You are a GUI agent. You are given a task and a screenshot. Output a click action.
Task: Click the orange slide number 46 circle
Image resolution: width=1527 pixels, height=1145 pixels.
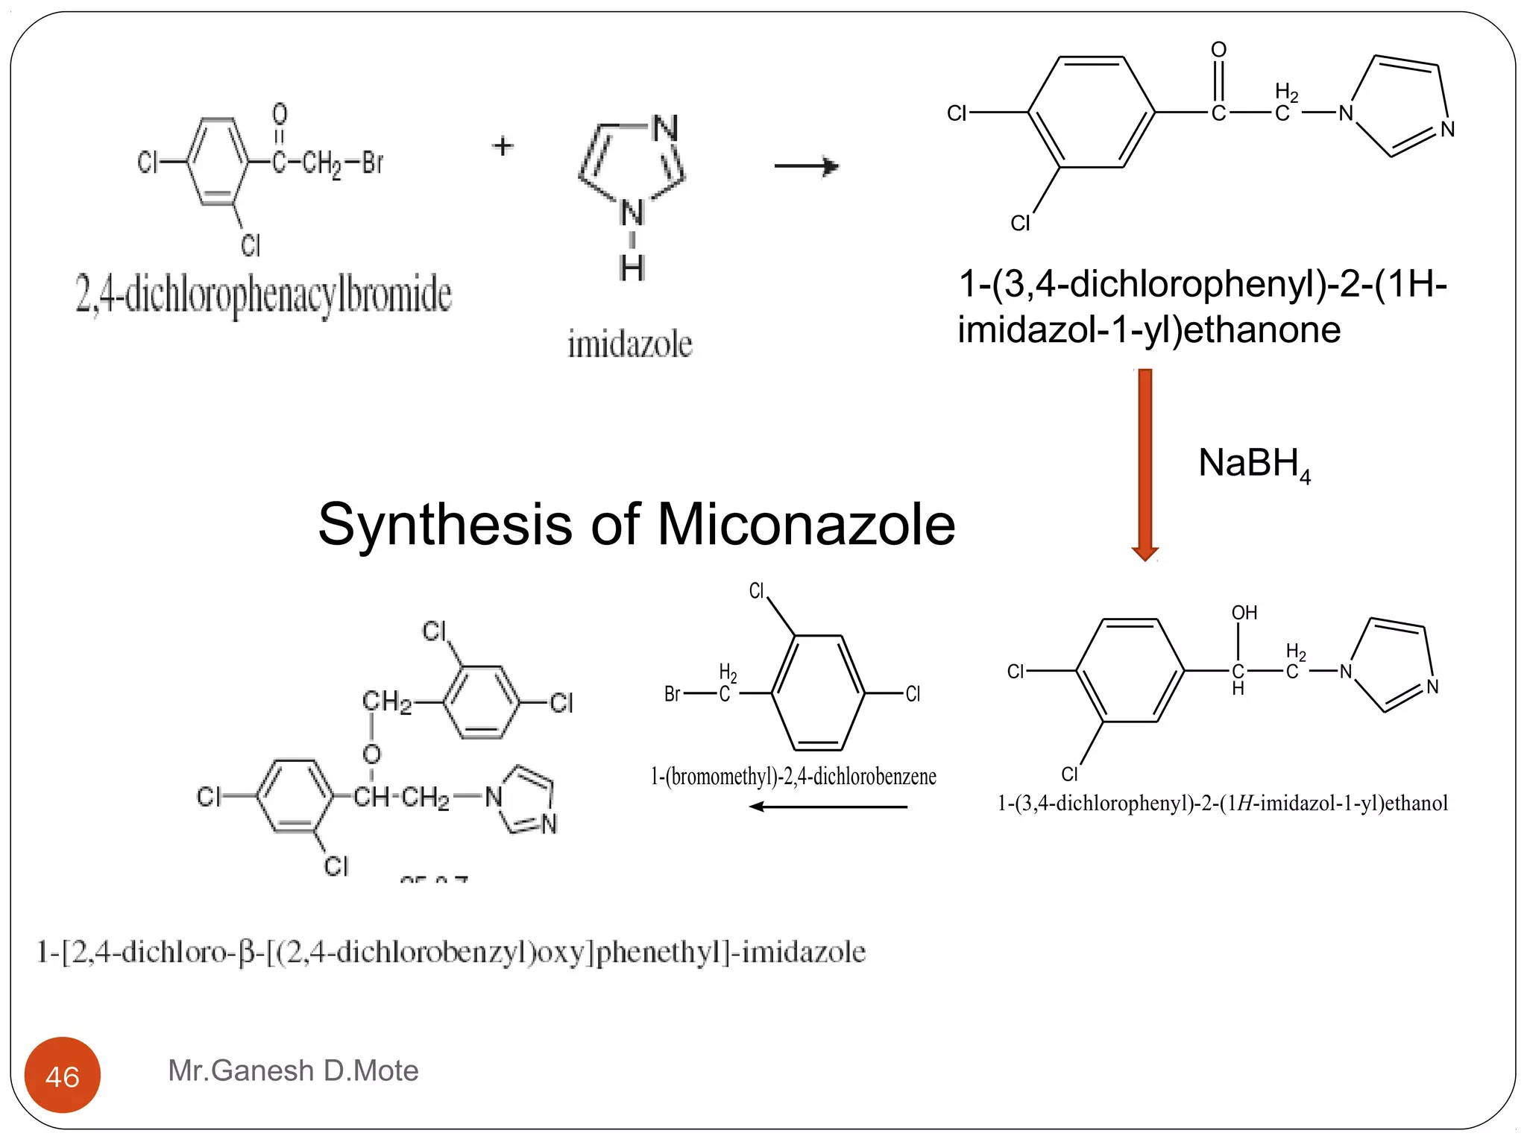coord(63,1075)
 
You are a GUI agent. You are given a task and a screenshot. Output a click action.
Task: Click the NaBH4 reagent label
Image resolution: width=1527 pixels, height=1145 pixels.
coord(1253,464)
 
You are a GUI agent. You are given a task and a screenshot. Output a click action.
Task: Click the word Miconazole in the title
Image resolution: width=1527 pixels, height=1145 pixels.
coord(805,524)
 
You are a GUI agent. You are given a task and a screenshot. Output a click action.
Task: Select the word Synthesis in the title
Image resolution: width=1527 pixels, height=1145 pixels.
coord(446,524)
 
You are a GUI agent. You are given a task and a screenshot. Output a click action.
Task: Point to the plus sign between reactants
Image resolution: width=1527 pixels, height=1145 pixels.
coord(503,145)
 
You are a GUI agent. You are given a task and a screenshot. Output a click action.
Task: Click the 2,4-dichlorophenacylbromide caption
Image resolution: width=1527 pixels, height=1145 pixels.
coord(263,295)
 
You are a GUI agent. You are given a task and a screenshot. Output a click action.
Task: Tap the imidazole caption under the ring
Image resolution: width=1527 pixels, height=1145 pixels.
coord(630,344)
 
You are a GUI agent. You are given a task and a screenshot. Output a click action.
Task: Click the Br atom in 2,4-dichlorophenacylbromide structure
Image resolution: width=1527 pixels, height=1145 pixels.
coord(373,162)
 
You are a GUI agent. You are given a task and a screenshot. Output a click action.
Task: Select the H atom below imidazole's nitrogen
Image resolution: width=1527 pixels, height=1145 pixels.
coord(632,268)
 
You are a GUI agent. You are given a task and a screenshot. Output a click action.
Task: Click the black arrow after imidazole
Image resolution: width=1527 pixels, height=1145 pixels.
coord(807,165)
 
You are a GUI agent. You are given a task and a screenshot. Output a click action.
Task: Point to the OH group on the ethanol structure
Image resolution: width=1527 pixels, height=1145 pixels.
coord(1244,613)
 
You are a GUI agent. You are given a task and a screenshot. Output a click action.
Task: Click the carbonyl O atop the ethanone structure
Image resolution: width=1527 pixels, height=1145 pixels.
coord(1218,50)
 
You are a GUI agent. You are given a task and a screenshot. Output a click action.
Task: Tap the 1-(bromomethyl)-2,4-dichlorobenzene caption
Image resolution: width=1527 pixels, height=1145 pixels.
coord(793,777)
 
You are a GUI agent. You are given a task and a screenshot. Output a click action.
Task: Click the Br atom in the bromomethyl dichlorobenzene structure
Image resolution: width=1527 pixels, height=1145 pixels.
coord(672,694)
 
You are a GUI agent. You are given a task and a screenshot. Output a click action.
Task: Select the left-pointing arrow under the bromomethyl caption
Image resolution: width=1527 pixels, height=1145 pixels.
coord(828,807)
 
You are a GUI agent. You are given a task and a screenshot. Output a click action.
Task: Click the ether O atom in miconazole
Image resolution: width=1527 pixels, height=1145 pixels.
coord(371,754)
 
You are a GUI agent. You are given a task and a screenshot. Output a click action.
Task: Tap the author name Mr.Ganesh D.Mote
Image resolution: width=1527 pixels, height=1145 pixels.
coord(293,1070)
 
